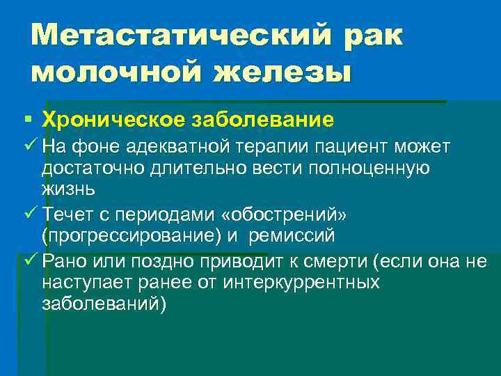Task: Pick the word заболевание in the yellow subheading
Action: tap(265, 120)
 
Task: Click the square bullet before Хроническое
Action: tap(26, 120)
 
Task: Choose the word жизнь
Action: tap(68, 189)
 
